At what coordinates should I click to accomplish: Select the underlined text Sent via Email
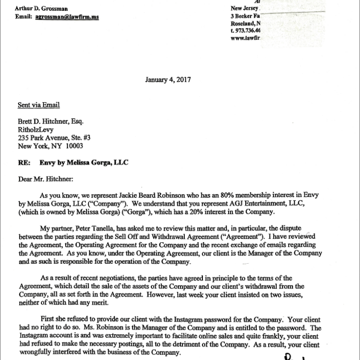(x=38, y=105)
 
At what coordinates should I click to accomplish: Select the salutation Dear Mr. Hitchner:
(x=46, y=179)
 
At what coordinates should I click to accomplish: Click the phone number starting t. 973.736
(x=246, y=31)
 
